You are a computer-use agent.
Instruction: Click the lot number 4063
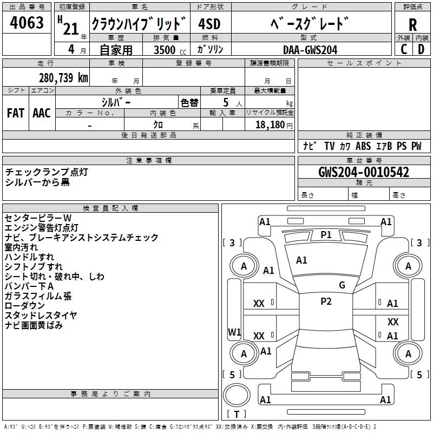(27, 23)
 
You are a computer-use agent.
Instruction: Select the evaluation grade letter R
(412, 24)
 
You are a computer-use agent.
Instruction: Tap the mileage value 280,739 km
(63, 77)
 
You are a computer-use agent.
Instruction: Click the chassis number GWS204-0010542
(364, 172)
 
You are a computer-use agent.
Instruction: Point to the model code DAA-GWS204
(310, 49)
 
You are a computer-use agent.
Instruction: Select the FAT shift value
(16, 113)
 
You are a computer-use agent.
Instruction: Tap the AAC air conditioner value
(42, 113)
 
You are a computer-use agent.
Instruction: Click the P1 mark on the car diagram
(326, 234)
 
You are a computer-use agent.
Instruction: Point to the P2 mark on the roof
(326, 301)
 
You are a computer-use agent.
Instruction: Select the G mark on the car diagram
(342, 285)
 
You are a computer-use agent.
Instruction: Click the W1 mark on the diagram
(234, 332)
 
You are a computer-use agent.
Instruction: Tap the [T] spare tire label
(236, 414)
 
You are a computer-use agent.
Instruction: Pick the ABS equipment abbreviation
(363, 146)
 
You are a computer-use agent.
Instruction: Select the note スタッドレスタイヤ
(41, 315)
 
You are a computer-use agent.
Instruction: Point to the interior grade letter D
(421, 49)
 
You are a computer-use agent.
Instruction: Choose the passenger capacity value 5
(225, 102)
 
